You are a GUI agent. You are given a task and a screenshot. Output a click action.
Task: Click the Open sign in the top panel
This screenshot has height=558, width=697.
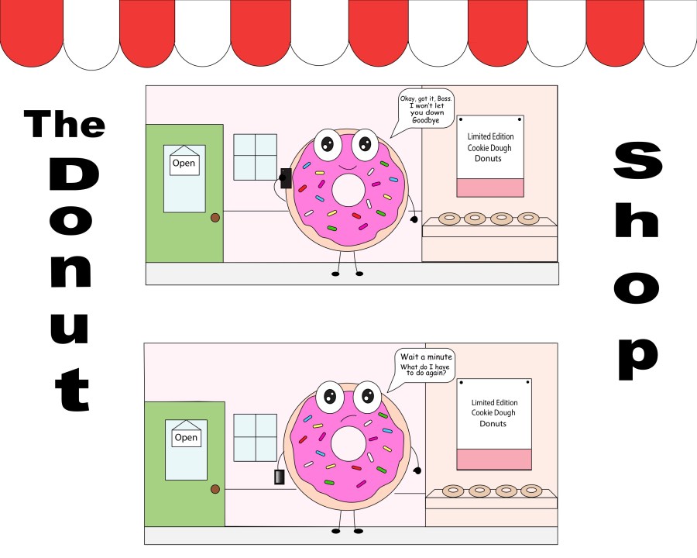[x=184, y=164]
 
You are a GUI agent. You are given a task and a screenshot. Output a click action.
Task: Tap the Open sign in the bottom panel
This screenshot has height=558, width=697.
[x=186, y=437]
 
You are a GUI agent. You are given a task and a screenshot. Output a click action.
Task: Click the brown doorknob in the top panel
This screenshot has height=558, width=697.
[x=215, y=218]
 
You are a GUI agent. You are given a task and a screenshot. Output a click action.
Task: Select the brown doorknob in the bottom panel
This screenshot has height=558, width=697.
[x=215, y=490]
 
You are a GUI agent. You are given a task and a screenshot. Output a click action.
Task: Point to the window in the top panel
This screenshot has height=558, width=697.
[x=255, y=157]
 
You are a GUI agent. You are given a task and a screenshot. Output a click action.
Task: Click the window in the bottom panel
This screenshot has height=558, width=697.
[x=255, y=438]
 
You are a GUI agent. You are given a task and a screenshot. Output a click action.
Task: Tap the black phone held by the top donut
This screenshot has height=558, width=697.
[x=286, y=178]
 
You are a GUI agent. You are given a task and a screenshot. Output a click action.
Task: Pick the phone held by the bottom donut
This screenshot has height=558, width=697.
[x=279, y=477]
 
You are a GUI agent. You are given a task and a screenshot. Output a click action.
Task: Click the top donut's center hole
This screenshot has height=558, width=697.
[x=348, y=190]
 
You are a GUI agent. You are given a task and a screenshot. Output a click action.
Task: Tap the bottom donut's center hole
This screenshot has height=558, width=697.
[x=348, y=443]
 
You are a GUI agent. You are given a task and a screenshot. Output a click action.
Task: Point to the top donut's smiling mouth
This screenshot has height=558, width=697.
[x=348, y=167]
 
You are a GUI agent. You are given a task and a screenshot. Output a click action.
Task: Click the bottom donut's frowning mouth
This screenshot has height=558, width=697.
[x=349, y=417]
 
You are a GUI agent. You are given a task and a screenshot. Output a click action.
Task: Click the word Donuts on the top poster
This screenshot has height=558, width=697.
[x=488, y=158]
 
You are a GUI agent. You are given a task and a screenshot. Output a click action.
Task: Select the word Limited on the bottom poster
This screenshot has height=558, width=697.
[x=482, y=402]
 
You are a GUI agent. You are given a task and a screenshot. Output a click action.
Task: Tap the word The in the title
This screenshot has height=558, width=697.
[x=65, y=124]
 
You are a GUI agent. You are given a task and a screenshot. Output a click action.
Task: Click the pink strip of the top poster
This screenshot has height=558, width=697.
[x=490, y=188]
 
